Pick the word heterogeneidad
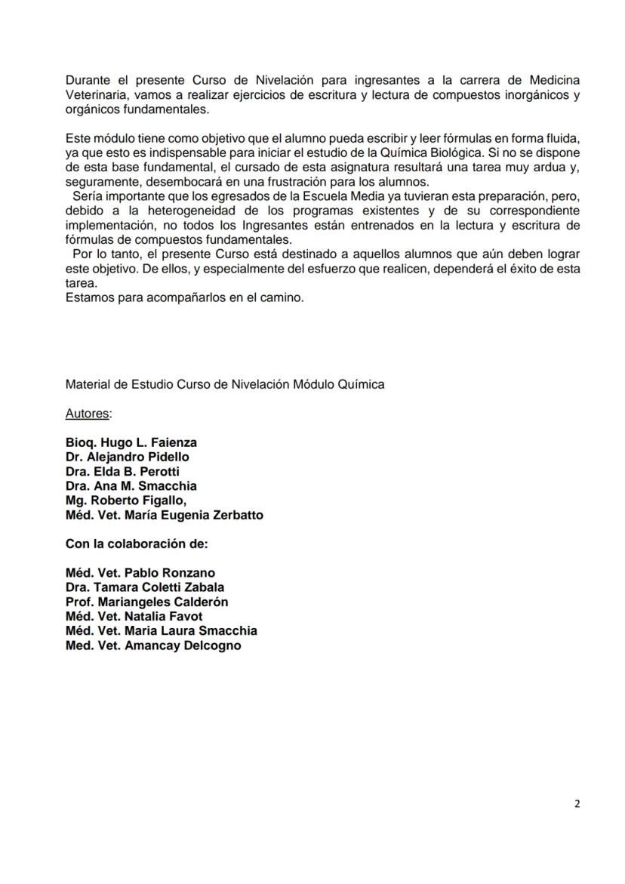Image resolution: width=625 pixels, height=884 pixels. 187,211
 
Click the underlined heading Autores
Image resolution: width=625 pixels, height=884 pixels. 88,413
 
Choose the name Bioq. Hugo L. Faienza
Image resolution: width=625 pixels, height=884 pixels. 131,442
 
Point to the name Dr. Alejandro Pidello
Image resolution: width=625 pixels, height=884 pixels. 128,457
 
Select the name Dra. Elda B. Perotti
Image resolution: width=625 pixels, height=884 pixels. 122,471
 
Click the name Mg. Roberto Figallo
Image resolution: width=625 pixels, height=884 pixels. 126,500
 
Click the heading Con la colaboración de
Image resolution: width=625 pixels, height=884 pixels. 137,544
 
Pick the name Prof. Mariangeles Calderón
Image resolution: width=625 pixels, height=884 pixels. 147,602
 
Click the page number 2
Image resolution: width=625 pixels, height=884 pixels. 577,804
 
